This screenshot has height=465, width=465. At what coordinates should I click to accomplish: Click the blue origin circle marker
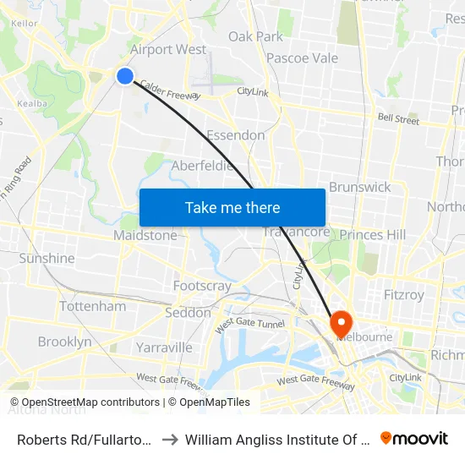[x=125, y=76]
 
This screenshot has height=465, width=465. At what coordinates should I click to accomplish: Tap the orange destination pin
[x=341, y=323]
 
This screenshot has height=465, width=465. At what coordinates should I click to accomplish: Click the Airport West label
[x=168, y=49]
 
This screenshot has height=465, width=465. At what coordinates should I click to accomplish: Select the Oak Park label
[x=255, y=36]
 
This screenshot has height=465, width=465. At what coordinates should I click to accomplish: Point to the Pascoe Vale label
[x=302, y=58]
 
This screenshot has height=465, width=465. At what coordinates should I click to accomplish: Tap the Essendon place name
[x=236, y=135]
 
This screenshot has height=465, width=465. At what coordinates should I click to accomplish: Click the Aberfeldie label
[x=202, y=166]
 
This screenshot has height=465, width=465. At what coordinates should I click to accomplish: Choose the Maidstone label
[x=145, y=235]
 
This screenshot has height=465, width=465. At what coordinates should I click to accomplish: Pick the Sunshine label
[x=46, y=258]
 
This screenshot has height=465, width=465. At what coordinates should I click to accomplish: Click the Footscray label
[x=202, y=286]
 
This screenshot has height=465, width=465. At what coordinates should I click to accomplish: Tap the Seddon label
[x=189, y=312]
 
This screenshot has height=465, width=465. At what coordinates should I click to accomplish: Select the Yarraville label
[x=164, y=347]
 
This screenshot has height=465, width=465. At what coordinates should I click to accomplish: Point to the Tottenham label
[x=92, y=306]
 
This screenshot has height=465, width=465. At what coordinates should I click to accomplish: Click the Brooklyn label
[x=64, y=342]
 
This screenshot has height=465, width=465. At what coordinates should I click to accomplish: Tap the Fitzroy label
[x=403, y=295]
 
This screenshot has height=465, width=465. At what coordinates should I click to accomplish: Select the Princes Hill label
[x=373, y=234]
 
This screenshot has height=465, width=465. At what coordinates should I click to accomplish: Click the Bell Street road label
[x=398, y=120]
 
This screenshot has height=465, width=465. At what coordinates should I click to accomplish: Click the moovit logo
[x=414, y=438]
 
